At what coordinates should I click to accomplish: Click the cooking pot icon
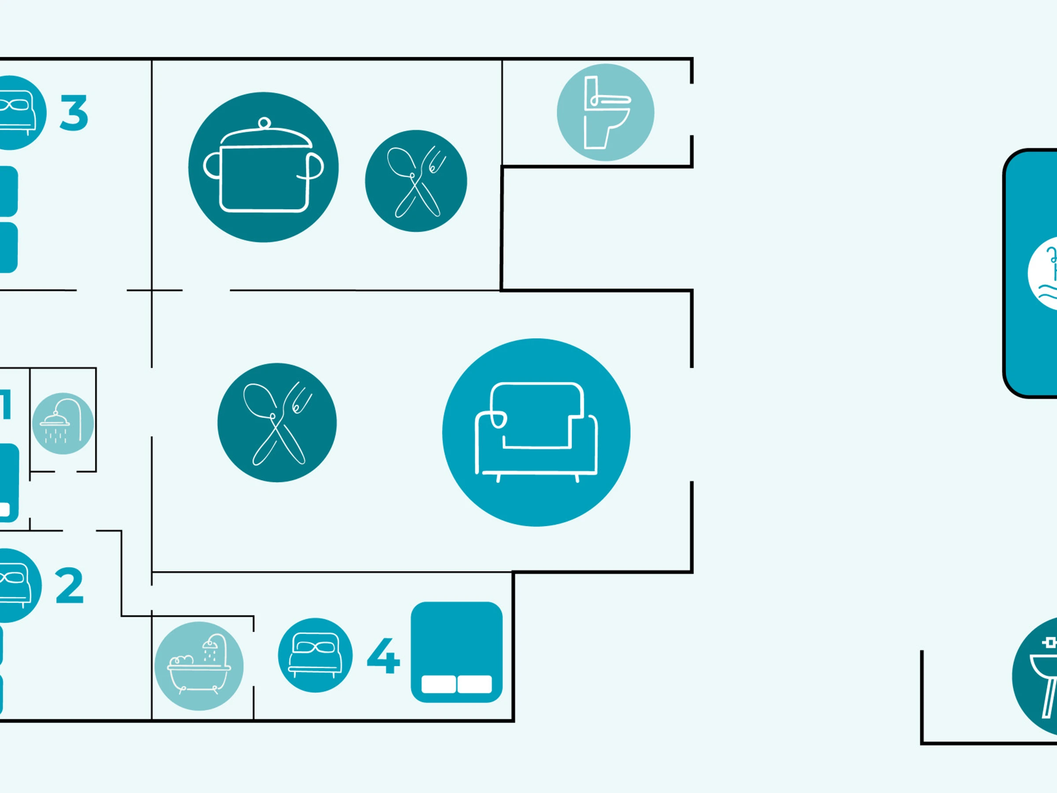pos(263,167)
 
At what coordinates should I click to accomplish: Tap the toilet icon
pos(606,112)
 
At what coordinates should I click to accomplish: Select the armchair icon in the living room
pos(536,432)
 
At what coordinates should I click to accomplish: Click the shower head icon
pos(63,423)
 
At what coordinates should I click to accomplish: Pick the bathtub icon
pos(199,666)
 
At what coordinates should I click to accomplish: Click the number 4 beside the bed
pos(383,656)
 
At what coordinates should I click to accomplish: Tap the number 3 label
pos(74,113)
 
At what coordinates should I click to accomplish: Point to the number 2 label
pos(70,585)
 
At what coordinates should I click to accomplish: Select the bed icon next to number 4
pos(315,655)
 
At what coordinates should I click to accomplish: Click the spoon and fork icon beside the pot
pos(416,181)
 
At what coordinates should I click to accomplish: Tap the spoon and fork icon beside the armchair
pos(277,422)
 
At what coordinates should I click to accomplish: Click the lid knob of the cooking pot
pos(264,123)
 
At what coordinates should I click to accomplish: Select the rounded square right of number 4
pos(456,652)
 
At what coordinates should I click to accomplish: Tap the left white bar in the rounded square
pos(438,684)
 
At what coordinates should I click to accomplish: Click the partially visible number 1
pos(6,404)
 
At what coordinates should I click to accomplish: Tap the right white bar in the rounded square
pos(474,684)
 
